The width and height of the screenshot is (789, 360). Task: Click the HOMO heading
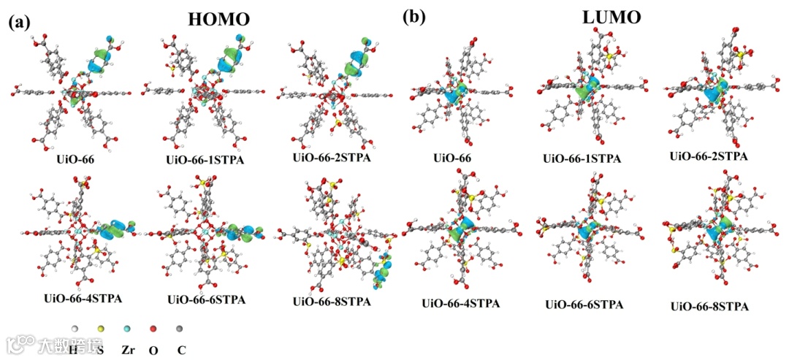coord(219,20)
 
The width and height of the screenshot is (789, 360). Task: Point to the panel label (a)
coord(19,22)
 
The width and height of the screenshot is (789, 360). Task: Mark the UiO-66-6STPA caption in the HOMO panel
coord(207,299)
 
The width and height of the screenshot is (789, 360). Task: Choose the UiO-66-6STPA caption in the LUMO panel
coord(584,305)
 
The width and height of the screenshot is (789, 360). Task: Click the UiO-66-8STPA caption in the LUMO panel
coord(709,307)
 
